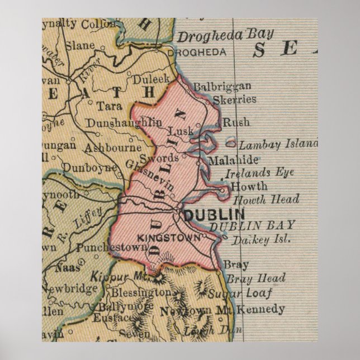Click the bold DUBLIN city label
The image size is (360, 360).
point(214,214)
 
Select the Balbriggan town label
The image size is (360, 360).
point(222,87)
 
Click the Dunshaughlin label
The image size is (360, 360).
point(124,122)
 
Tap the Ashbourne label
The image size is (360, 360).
point(112,148)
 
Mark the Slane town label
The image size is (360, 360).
point(79,46)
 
